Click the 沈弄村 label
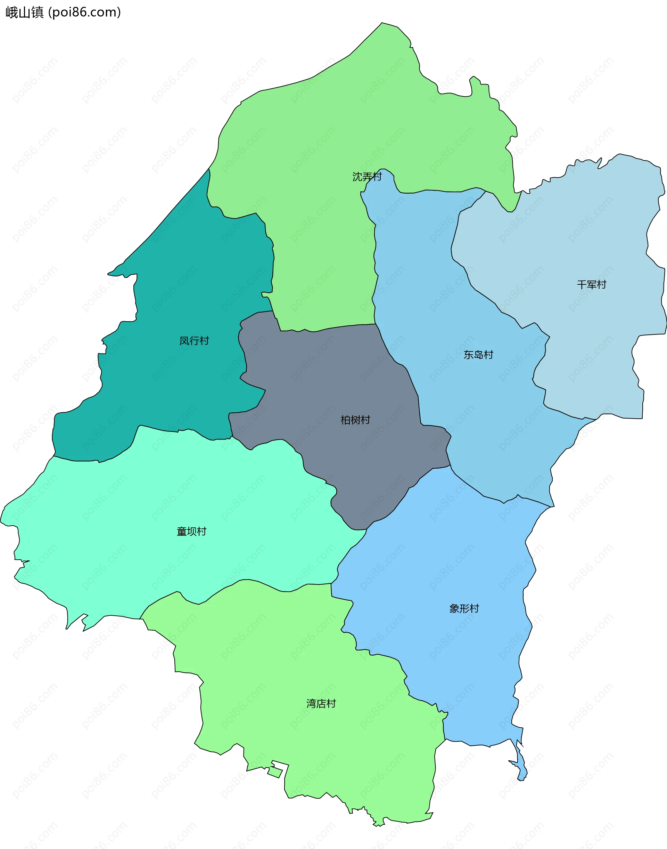(367, 177)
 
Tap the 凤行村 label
(194, 340)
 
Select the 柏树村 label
(355, 420)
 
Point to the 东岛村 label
(478, 355)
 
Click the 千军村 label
(591, 284)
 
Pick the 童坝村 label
(191, 531)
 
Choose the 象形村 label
(464, 608)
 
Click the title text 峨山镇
(24, 13)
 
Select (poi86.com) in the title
(84, 13)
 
